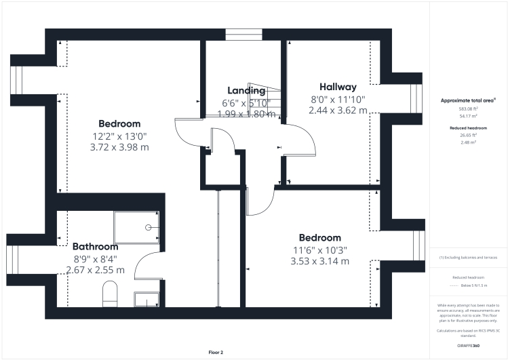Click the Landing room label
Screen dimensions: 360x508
[x=246, y=91]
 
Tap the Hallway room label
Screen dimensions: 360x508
[x=338, y=87]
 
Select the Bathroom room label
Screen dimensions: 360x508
[x=95, y=247]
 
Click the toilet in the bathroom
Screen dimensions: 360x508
[x=109, y=294]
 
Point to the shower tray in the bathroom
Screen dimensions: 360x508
[x=136, y=226]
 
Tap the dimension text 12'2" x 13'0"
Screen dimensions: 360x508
[x=119, y=136]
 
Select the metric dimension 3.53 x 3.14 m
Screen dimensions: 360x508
[x=319, y=261]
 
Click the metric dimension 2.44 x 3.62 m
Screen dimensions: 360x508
[x=338, y=110]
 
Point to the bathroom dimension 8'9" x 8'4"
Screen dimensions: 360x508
[x=95, y=258]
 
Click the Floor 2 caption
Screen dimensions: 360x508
[x=216, y=353]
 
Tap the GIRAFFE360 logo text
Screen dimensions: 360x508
[x=469, y=344]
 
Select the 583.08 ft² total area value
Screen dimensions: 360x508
[x=469, y=109]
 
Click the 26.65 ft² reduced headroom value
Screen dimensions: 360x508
[x=469, y=136]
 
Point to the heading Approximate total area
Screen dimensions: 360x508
[x=468, y=100]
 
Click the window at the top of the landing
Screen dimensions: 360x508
[x=243, y=35]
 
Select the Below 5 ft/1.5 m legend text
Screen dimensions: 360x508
[x=474, y=285]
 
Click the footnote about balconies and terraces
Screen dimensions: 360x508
[x=469, y=258]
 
